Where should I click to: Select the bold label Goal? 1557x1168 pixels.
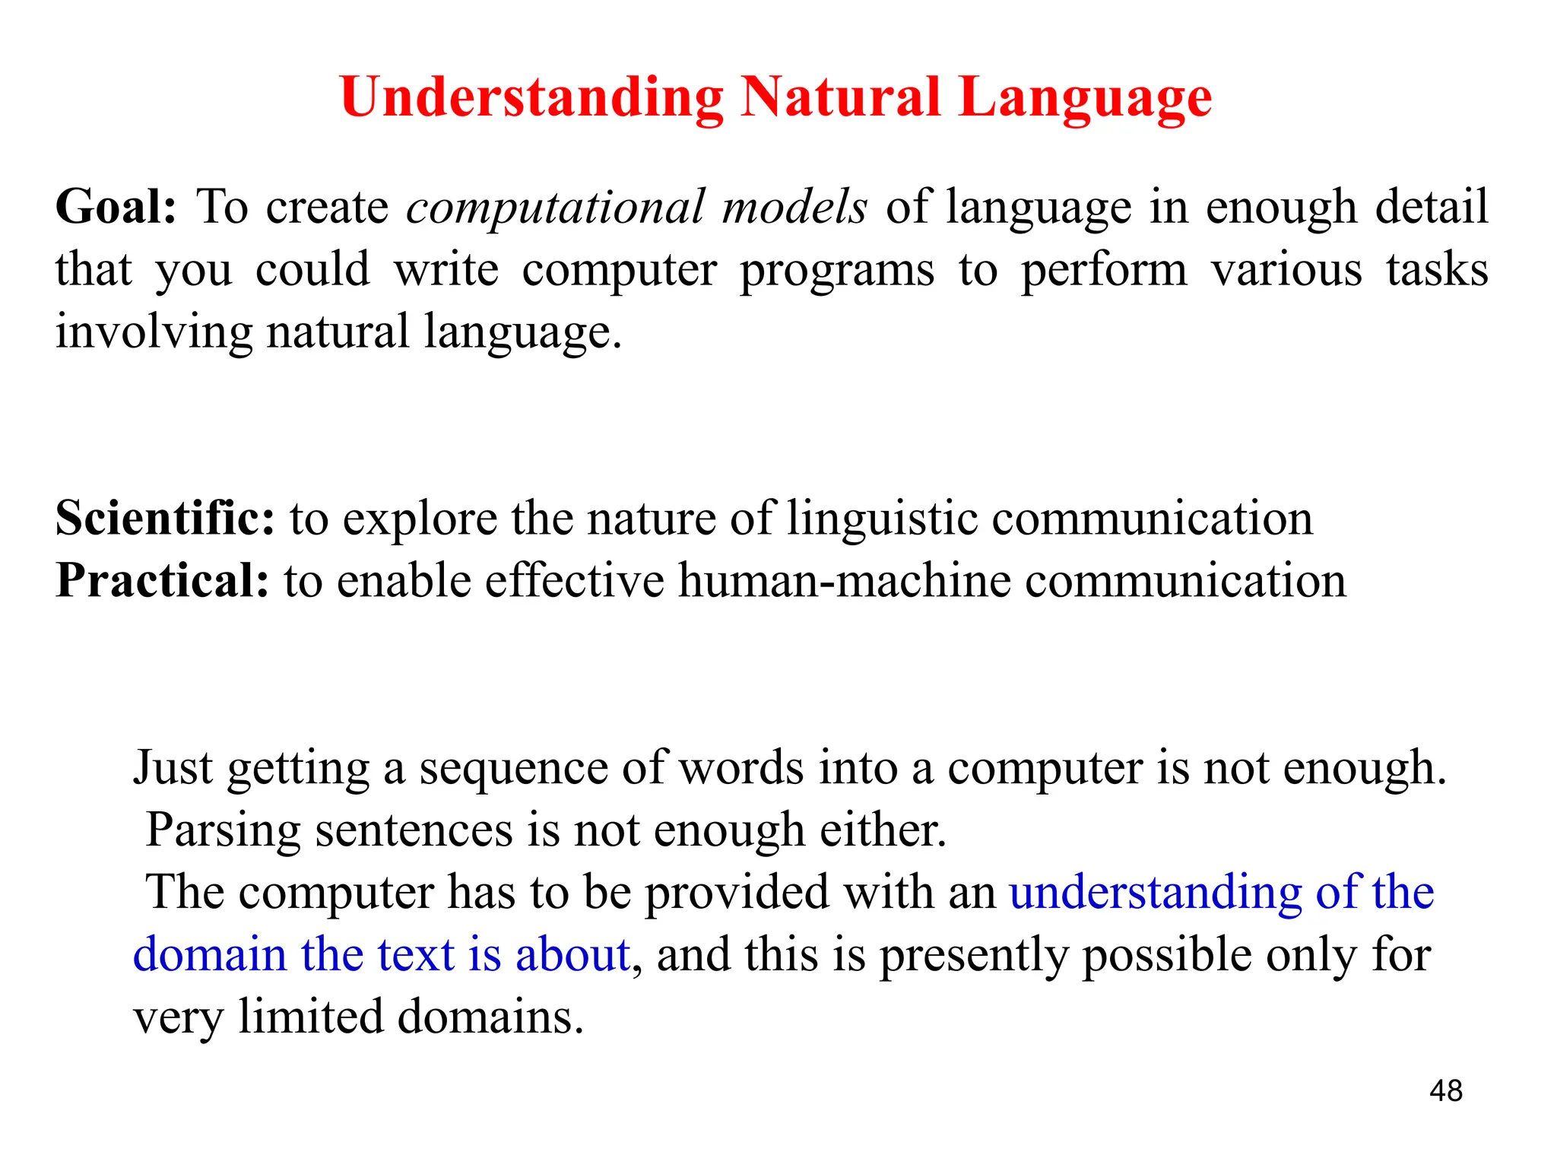tap(116, 207)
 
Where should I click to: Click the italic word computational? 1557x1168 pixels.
tap(555, 207)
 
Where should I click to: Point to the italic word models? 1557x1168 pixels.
tap(794, 207)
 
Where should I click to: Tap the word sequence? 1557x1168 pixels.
tap(513, 768)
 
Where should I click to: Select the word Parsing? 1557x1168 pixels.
tap(224, 830)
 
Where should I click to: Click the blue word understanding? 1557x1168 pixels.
tap(1156, 893)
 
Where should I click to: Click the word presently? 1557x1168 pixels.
tap(974, 956)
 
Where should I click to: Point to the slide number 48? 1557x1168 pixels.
tap(1445, 1091)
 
